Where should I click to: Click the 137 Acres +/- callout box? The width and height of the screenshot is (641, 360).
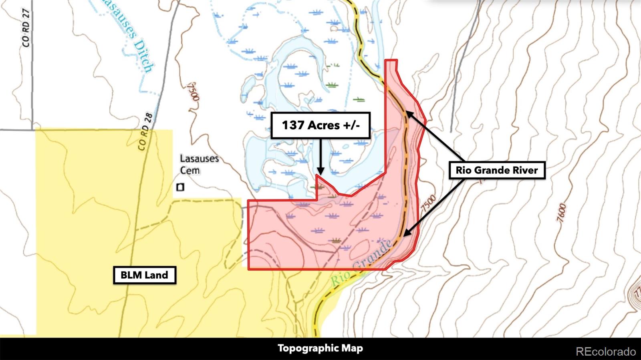coord(320,125)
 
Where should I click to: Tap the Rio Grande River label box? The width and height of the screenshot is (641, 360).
coord(497,170)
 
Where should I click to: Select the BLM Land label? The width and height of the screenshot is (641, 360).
coord(144,275)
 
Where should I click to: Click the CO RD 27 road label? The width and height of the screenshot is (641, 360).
coord(26,28)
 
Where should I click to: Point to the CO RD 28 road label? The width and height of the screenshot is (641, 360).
coord(145,131)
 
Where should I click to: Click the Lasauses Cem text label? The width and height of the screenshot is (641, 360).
coord(199,164)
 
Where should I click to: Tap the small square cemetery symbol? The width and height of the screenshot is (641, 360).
coord(181,187)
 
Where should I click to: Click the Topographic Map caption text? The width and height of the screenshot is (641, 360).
coord(320,348)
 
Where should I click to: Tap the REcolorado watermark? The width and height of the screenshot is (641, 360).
coord(606,352)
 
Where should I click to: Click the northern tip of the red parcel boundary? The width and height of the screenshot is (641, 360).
coord(391,60)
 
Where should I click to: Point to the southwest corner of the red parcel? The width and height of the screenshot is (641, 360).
coord(249,269)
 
